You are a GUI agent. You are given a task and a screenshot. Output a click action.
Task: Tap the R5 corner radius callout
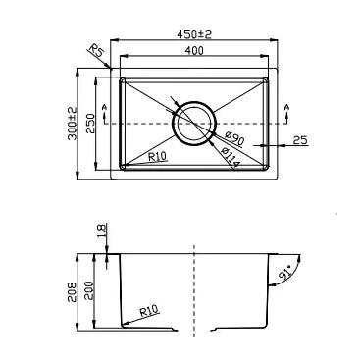tap(95, 52)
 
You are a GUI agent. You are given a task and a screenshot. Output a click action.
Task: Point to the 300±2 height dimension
tap(71, 126)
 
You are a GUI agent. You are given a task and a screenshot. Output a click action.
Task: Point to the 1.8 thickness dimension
tap(101, 231)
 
